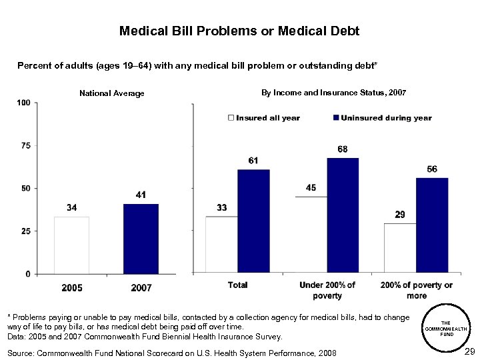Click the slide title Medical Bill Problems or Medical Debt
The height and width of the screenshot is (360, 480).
coord(239,31)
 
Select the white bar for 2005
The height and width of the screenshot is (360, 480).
coord(71,245)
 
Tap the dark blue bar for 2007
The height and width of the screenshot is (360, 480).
coord(141,239)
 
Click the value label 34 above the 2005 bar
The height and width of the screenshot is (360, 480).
coord(71,207)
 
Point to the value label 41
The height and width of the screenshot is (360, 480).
coord(141,195)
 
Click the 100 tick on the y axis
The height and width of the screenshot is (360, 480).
coord(23,103)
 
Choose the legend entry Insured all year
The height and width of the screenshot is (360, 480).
coord(264,118)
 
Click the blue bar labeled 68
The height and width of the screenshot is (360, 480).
coord(343,215)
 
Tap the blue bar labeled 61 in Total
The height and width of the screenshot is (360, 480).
coord(253,221)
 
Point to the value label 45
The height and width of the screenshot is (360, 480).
coord(311,188)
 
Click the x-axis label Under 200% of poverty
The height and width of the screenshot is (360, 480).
coord(327,290)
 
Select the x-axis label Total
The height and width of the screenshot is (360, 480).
coord(238,285)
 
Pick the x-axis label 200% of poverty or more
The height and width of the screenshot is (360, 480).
coord(417,290)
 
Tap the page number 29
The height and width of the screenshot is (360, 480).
coord(469,351)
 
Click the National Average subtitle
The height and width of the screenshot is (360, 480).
coord(111,93)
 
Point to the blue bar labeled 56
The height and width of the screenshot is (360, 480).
coord(432,225)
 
